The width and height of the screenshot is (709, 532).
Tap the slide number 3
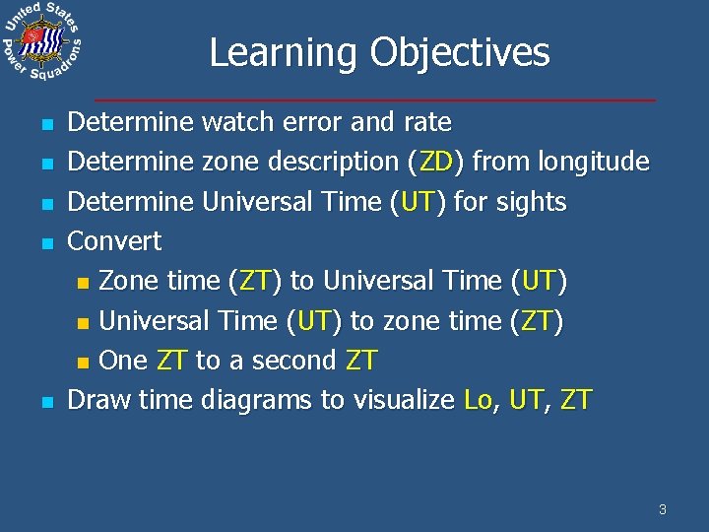(662, 509)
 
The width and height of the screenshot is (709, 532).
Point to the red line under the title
(374, 100)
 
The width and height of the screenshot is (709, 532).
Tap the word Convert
(113, 241)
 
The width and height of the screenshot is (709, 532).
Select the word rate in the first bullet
(426, 122)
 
